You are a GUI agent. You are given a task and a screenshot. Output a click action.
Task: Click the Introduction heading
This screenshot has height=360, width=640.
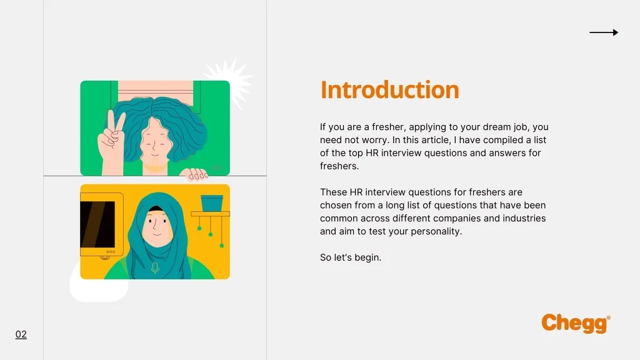click(390, 90)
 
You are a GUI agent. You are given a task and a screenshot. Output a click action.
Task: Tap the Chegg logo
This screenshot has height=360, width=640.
click(576, 324)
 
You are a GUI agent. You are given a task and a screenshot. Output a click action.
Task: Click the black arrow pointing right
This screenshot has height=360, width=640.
click(604, 32)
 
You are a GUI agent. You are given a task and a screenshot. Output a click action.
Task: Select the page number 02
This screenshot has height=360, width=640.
click(21, 334)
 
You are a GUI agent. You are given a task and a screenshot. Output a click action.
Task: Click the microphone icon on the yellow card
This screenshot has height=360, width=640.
click(155, 267)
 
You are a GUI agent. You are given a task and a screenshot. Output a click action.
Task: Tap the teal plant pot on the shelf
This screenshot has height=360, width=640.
click(212, 203)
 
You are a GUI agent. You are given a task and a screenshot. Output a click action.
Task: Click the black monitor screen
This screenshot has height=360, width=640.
click(97, 224)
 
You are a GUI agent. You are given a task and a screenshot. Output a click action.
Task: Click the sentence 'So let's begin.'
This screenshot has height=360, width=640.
click(351, 257)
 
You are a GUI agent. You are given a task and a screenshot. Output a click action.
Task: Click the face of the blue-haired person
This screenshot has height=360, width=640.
click(155, 141)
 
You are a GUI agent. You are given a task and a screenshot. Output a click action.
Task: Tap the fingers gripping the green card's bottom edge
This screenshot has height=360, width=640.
click(196, 174)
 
